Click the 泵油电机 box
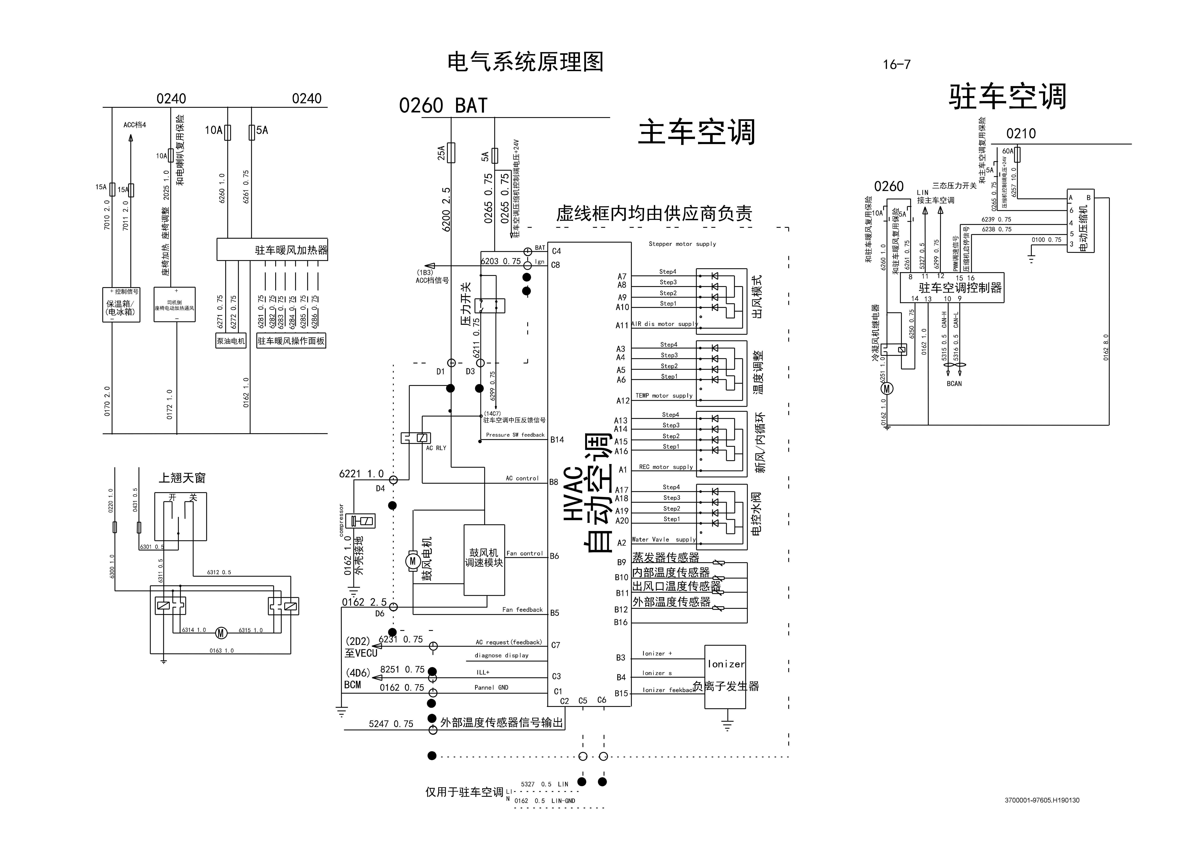pos(231,341)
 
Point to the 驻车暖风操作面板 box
pos(291,341)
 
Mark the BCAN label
pos(954,384)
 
